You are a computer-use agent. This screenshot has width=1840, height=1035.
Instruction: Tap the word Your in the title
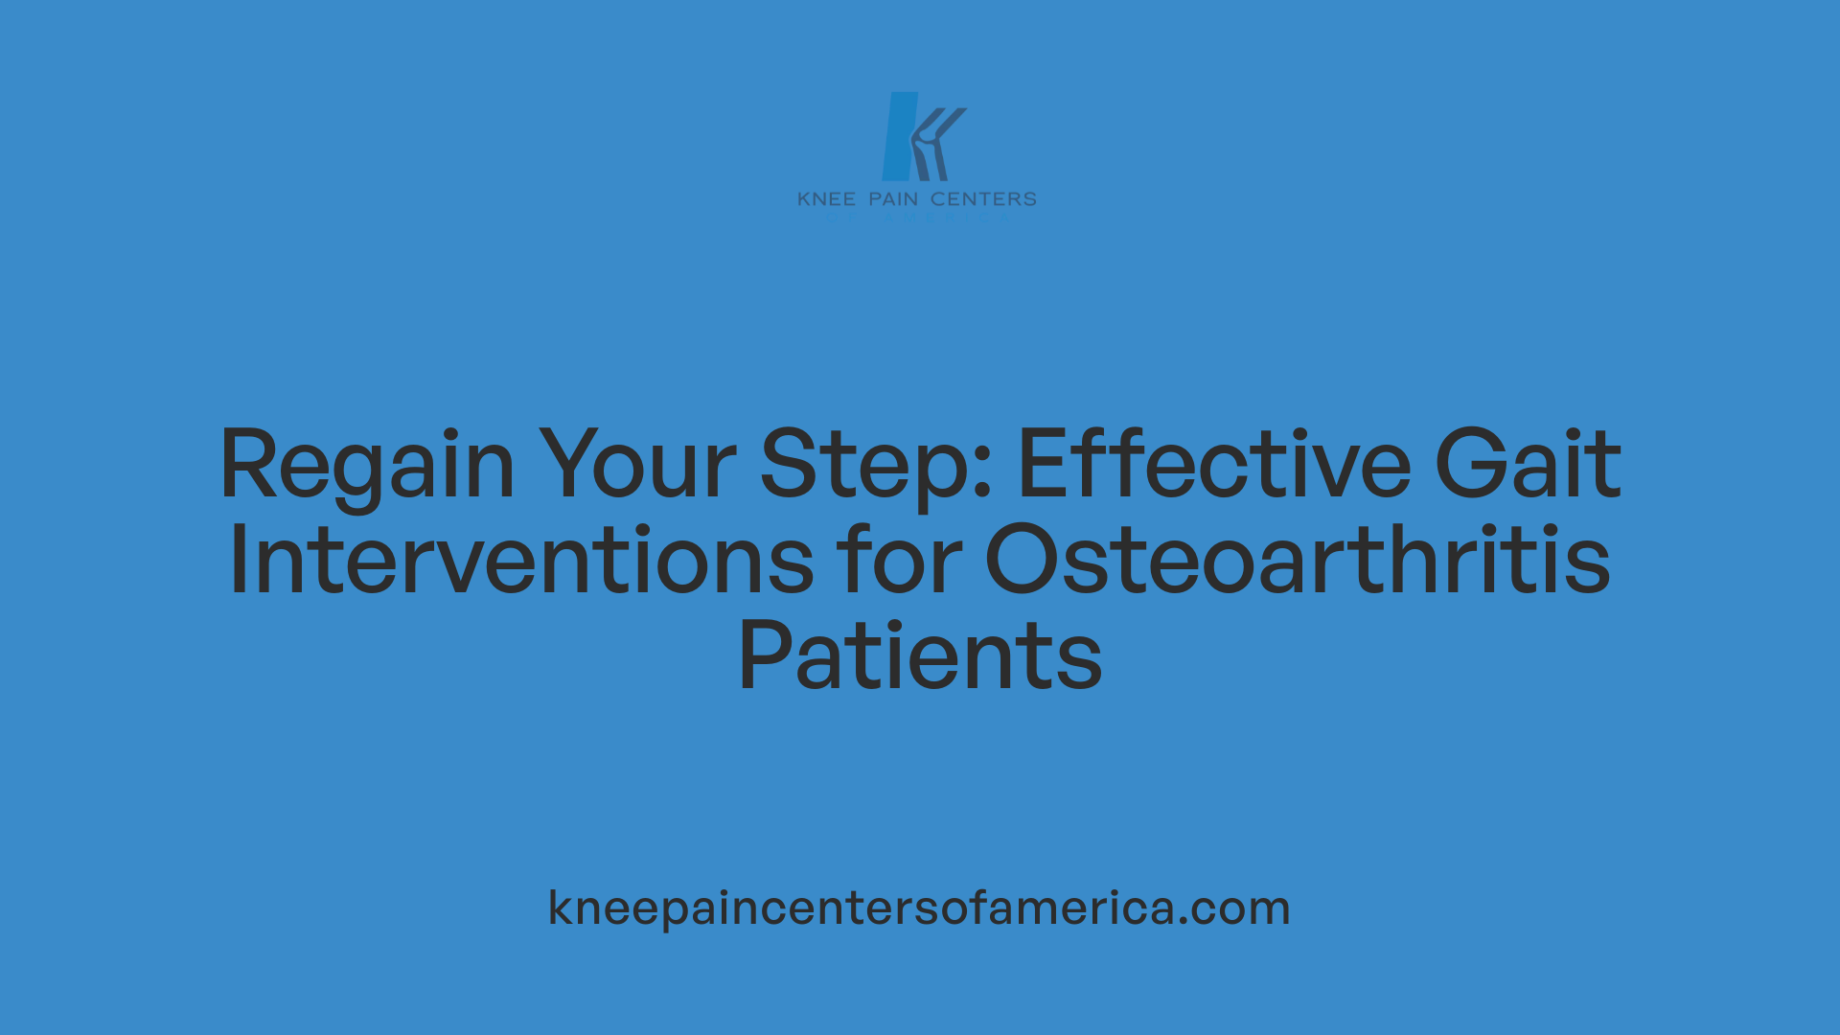click(636, 465)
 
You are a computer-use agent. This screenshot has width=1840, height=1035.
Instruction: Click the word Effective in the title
click(1213, 465)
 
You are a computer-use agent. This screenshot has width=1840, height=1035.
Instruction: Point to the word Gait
click(1528, 465)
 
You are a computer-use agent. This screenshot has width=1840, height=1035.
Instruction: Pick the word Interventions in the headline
click(520, 561)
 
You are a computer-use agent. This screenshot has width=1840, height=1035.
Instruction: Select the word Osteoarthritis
click(1298, 561)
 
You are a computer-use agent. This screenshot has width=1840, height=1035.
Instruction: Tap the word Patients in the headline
click(920, 656)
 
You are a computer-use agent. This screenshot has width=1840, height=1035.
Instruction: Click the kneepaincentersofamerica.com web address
click(919, 908)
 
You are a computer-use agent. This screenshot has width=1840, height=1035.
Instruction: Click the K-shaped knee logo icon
click(922, 137)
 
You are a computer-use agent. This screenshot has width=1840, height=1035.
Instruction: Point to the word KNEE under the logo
click(826, 199)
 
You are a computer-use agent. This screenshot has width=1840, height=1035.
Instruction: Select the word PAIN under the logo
click(893, 199)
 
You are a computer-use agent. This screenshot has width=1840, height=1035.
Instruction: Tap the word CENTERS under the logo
click(983, 199)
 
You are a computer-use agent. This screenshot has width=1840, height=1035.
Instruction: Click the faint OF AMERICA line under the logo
click(917, 218)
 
